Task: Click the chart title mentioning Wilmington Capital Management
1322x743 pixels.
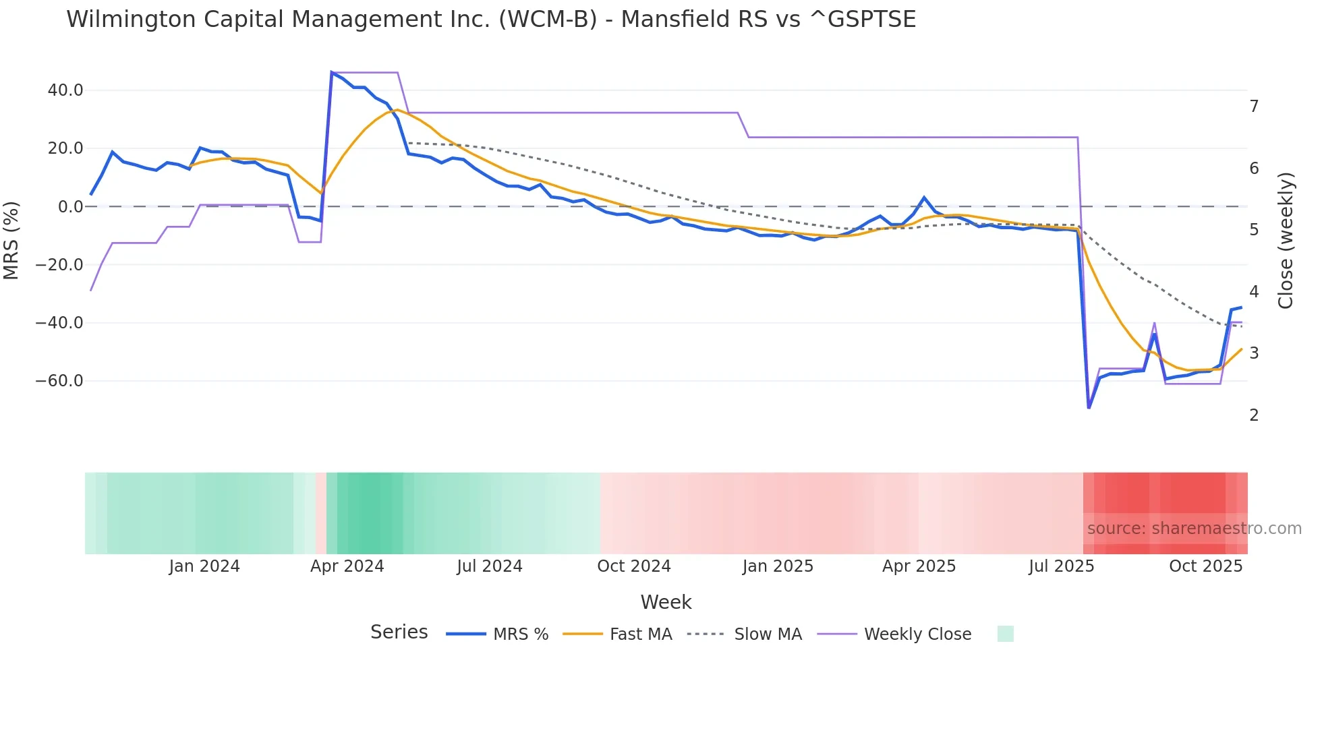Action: coord(490,20)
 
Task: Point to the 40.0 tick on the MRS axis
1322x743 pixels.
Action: coord(65,90)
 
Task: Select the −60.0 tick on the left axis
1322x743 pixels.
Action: coord(59,381)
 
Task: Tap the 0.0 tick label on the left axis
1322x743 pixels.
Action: coord(70,207)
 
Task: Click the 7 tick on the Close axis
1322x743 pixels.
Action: coord(1254,107)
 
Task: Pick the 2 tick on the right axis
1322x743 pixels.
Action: coord(1254,415)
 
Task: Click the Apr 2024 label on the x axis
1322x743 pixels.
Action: coord(347,566)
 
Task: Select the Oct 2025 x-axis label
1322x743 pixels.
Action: coord(1205,566)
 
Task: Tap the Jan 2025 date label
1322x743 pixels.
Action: coord(778,566)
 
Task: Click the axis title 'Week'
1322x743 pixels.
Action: coord(666,602)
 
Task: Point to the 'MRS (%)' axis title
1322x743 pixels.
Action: coord(11,241)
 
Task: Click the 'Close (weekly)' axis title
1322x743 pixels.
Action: coord(1286,241)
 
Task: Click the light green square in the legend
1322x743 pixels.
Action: coord(1005,634)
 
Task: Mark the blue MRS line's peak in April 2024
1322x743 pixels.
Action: coord(332,72)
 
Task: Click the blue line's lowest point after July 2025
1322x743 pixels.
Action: coord(1089,408)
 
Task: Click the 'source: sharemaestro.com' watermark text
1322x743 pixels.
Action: coord(1194,529)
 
